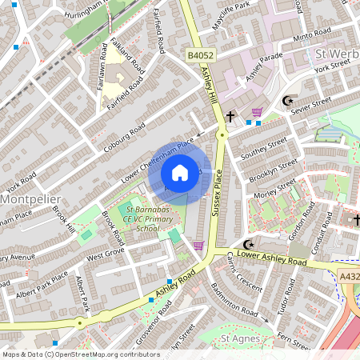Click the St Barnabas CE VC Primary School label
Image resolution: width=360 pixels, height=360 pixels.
146,218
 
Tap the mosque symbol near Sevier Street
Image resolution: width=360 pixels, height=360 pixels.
287,101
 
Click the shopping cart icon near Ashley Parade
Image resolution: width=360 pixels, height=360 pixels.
257,113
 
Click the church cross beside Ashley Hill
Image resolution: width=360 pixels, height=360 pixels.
231,117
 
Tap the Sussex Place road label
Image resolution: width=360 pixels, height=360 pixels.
215,197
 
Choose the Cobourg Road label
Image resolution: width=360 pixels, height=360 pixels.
124,137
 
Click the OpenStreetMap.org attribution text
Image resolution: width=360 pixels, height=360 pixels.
104,354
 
